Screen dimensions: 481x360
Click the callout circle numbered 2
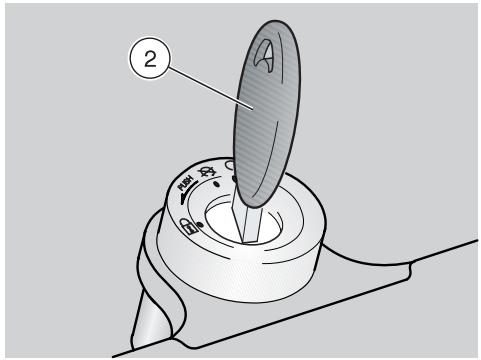150,59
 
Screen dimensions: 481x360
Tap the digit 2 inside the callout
150,59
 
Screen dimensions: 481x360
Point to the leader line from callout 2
212,88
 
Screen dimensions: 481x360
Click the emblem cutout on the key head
264,54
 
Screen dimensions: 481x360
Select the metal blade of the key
249,218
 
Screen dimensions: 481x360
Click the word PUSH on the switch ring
186,183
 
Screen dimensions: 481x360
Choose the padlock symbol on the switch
187,226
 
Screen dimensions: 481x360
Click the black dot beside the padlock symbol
200,225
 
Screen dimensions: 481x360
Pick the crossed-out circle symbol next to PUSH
207,172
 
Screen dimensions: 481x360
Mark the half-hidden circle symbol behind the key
228,164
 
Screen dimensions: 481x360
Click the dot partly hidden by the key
234,179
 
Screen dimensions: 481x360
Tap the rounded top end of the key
279,23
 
